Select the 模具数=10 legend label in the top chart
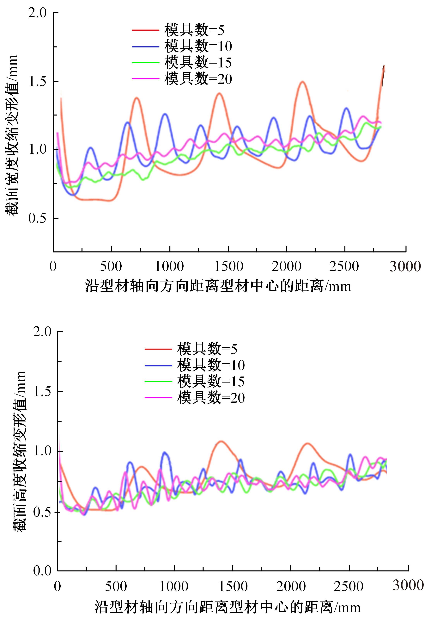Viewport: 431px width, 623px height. point(198,46)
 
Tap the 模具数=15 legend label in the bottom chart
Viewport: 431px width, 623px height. point(211,381)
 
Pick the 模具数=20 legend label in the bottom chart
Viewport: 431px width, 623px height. point(211,398)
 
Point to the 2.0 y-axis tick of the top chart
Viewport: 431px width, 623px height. point(38,13)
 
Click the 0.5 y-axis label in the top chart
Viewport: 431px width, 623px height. point(38,218)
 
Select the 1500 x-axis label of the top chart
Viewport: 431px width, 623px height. point(228,266)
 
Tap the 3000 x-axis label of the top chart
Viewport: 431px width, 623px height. point(405,266)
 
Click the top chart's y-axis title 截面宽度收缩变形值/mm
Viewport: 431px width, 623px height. point(11,135)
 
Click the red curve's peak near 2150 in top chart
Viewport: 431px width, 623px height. point(302,82)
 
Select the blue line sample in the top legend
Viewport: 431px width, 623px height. point(145,47)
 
